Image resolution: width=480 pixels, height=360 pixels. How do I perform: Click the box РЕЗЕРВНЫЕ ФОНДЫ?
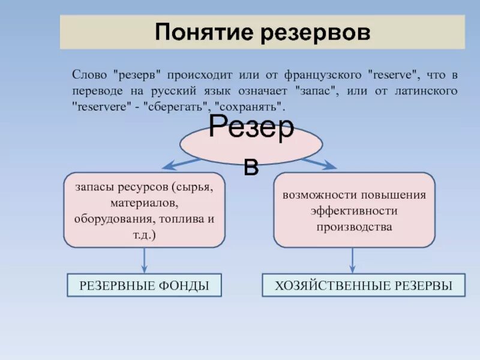(x=144, y=286)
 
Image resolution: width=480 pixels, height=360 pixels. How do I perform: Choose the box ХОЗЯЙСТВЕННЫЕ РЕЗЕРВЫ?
(x=364, y=286)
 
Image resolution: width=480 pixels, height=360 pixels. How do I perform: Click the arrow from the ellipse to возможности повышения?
(x=319, y=163)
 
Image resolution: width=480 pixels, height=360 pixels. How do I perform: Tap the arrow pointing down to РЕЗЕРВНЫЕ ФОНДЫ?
(x=144, y=261)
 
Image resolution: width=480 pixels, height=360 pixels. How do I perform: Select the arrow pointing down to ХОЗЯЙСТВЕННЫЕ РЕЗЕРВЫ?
(x=352, y=261)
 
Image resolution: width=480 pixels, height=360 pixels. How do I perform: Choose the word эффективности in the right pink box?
(x=354, y=211)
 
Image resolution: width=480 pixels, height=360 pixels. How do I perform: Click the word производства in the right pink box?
(x=354, y=227)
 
